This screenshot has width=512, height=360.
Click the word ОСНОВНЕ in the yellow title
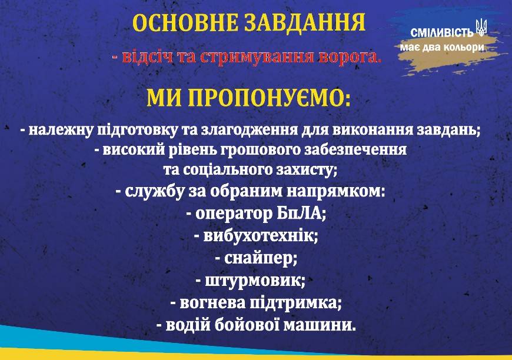[185, 23]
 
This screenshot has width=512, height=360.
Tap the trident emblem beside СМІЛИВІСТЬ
[481, 28]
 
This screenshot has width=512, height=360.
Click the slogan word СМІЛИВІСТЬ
[442, 32]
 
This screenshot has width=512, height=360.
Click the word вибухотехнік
[260, 236]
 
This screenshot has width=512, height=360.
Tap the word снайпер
[261, 259]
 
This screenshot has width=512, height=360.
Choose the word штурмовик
[255, 281]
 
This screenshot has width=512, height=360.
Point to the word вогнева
[212, 303]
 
